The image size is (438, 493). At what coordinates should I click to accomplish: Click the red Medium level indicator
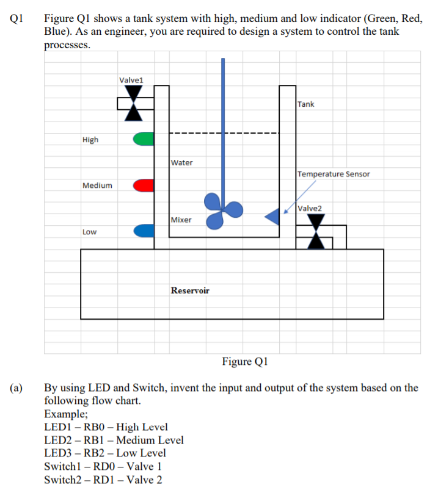pyautogui.click(x=144, y=185)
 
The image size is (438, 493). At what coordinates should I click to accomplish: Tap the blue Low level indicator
pyautogui.click(x=144, y=231)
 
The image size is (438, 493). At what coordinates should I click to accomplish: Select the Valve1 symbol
pyautogui.click(x=134, y=102)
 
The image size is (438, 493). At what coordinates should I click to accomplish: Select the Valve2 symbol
pyautogui.click(x=316, y=232)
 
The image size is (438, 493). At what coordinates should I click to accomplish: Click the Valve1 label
pyautogui.click(x=131, y=79)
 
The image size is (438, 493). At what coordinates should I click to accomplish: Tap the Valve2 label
pyautogui.click(x=310, y=208)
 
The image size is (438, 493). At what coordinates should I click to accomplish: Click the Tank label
pyautogui.click(x=306, y=104)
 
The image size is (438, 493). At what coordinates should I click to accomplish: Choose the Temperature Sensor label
pyautogui.click(x=334, y=174)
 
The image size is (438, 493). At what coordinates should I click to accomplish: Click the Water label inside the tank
pyautogui.click(x=182, y=162)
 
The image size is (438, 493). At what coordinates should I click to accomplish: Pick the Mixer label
pyautogui.click(x=181, y=220)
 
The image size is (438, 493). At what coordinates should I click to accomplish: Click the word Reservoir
pyautogui.click(x=190, y=290)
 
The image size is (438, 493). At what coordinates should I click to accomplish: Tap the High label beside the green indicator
pyautogui.click(x=90, y=140)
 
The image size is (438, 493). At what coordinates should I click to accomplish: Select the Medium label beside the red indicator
pyautogui.click(x=97, y=185)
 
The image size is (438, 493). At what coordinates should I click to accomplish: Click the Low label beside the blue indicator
pyautogui.click(x=90, y=232)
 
